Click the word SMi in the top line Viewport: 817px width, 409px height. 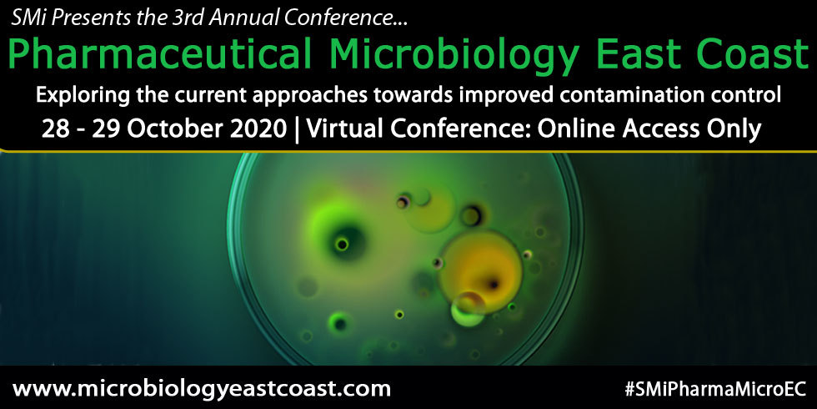point(28,16)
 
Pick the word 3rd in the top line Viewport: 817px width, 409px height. point(184,16)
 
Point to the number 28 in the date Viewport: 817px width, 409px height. point(58,130)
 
